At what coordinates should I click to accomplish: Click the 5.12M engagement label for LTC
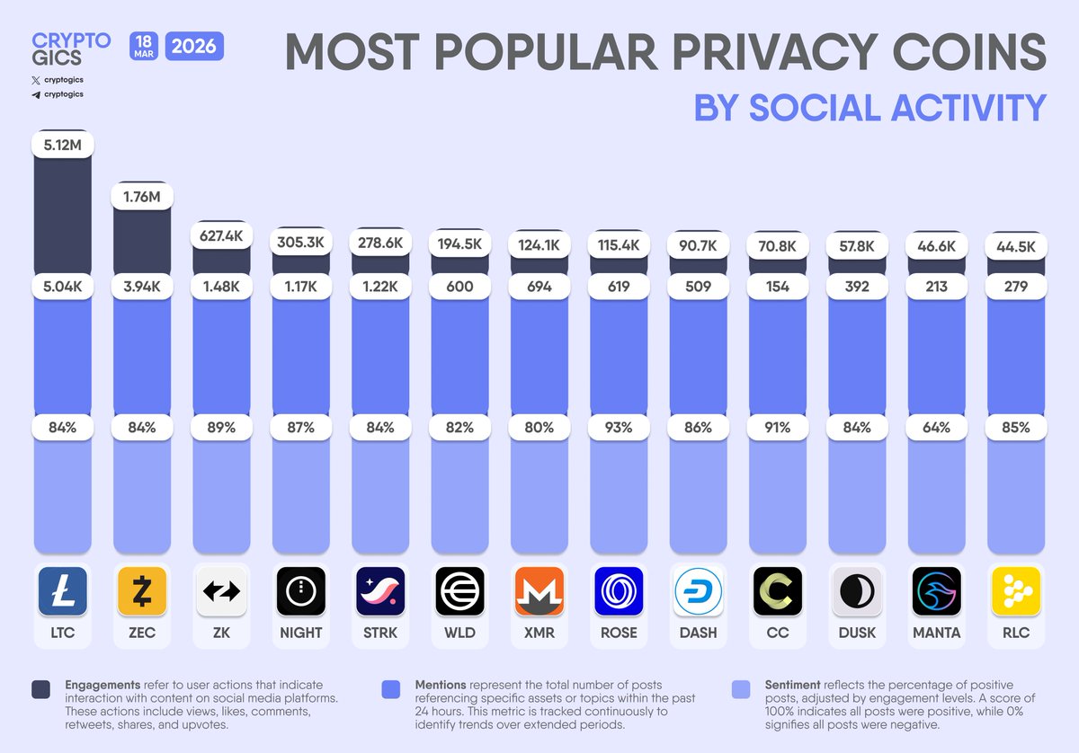tap(62, 144)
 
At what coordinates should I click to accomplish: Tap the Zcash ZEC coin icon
tap(142, 591)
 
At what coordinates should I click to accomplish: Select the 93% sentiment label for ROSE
tap(620, 428)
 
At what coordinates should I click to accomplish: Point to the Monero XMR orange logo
tap(539, 591)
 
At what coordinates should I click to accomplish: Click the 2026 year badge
tap(194, 46)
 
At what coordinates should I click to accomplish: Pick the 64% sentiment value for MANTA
tap(936, 428)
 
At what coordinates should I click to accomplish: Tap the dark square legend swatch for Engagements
tap(41, 689)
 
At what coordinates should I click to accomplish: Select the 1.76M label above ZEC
tap(142, 196)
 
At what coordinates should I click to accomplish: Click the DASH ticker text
tap(699, 633)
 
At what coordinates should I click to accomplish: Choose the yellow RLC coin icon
tap(1016, 591)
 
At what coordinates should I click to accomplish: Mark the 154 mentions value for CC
tap(778, 287)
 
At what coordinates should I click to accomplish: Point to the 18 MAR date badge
tap(144, 46)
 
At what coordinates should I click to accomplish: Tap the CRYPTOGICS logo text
tap(70, 49)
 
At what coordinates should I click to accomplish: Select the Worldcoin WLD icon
tap(460, 591)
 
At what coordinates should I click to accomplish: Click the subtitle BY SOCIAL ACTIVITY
tap(869, 107)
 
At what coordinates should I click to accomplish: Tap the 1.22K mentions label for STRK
tap(380, 287)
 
